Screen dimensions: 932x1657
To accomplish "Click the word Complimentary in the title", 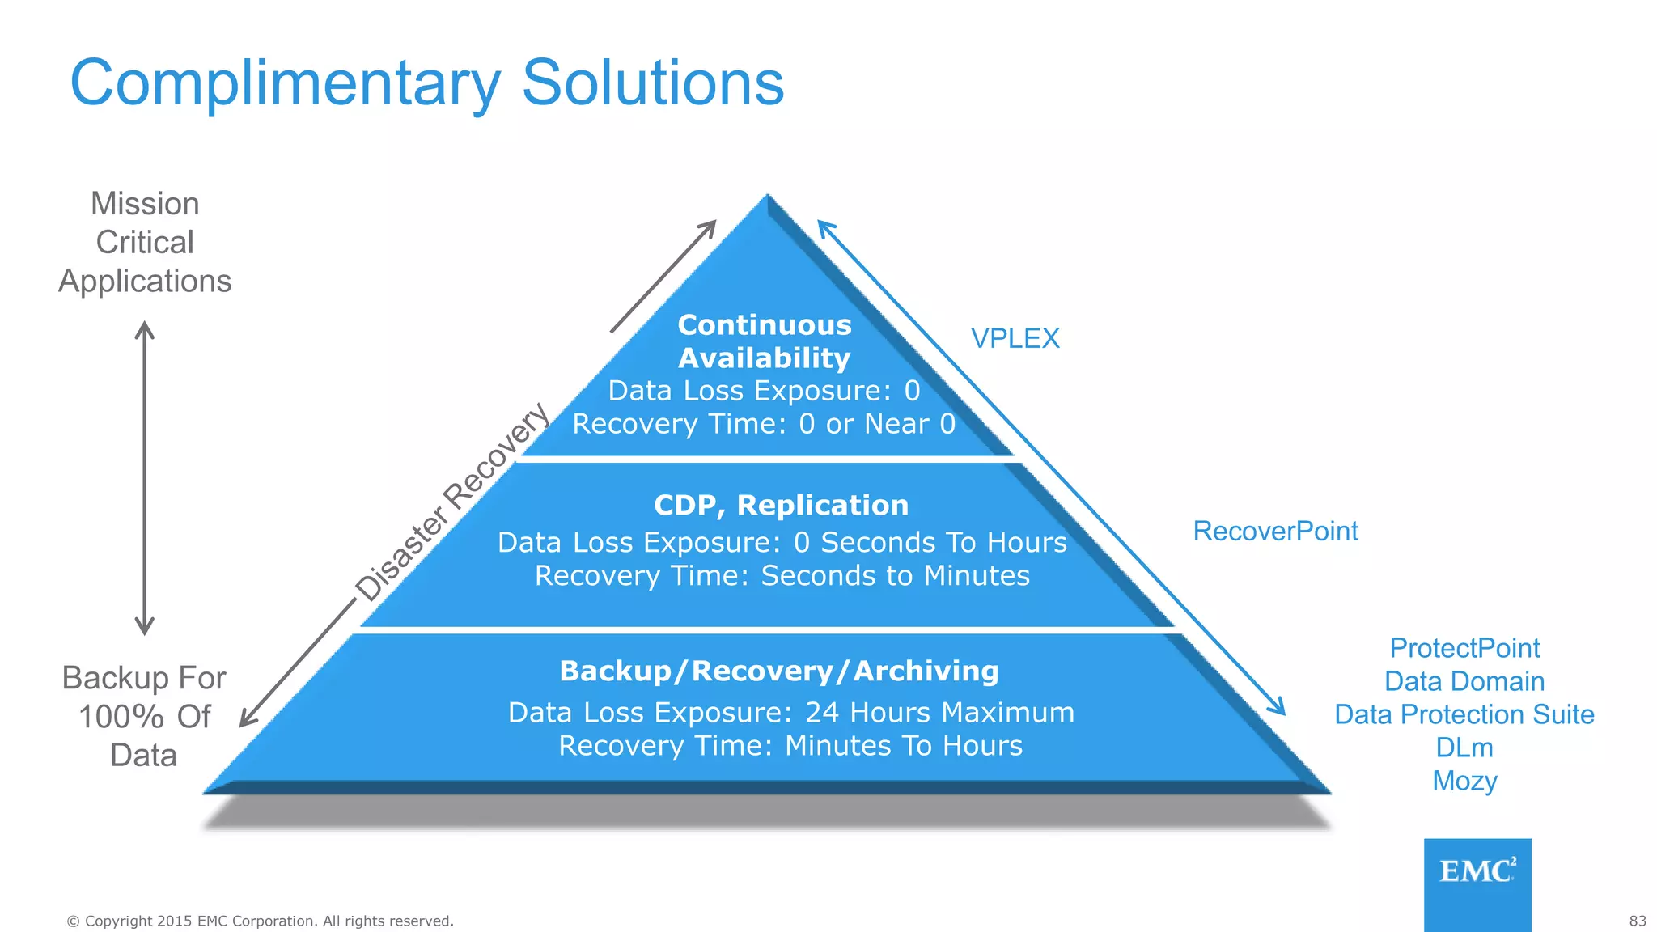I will (286, 83).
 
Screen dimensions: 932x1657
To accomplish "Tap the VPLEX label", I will (1015, 338).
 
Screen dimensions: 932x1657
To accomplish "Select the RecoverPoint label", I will (1275, 531).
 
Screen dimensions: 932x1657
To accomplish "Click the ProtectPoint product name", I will (1464, 648).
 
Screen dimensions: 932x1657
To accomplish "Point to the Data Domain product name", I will (1464, 681).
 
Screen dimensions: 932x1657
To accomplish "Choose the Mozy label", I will (1464, 781).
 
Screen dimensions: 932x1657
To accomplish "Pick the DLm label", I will (1464, 748).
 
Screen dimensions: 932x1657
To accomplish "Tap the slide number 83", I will (1638, 921).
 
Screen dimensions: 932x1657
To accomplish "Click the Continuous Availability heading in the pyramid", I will (765, 341).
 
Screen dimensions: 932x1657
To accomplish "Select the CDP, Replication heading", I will (781, 505).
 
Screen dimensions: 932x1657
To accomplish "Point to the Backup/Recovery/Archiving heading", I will (779, 671).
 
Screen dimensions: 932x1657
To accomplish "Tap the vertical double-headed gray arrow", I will (145, 477).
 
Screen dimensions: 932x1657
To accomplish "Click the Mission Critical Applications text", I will (145, 242).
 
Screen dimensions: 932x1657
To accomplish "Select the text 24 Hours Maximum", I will (939, 713).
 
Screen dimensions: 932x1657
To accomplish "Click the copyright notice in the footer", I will (260, 921).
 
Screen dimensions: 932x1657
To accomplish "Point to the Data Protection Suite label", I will (1464, 714).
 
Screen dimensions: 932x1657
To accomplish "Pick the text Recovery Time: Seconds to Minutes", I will (782, 576).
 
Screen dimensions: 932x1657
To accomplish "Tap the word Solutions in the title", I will (653, 83).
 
